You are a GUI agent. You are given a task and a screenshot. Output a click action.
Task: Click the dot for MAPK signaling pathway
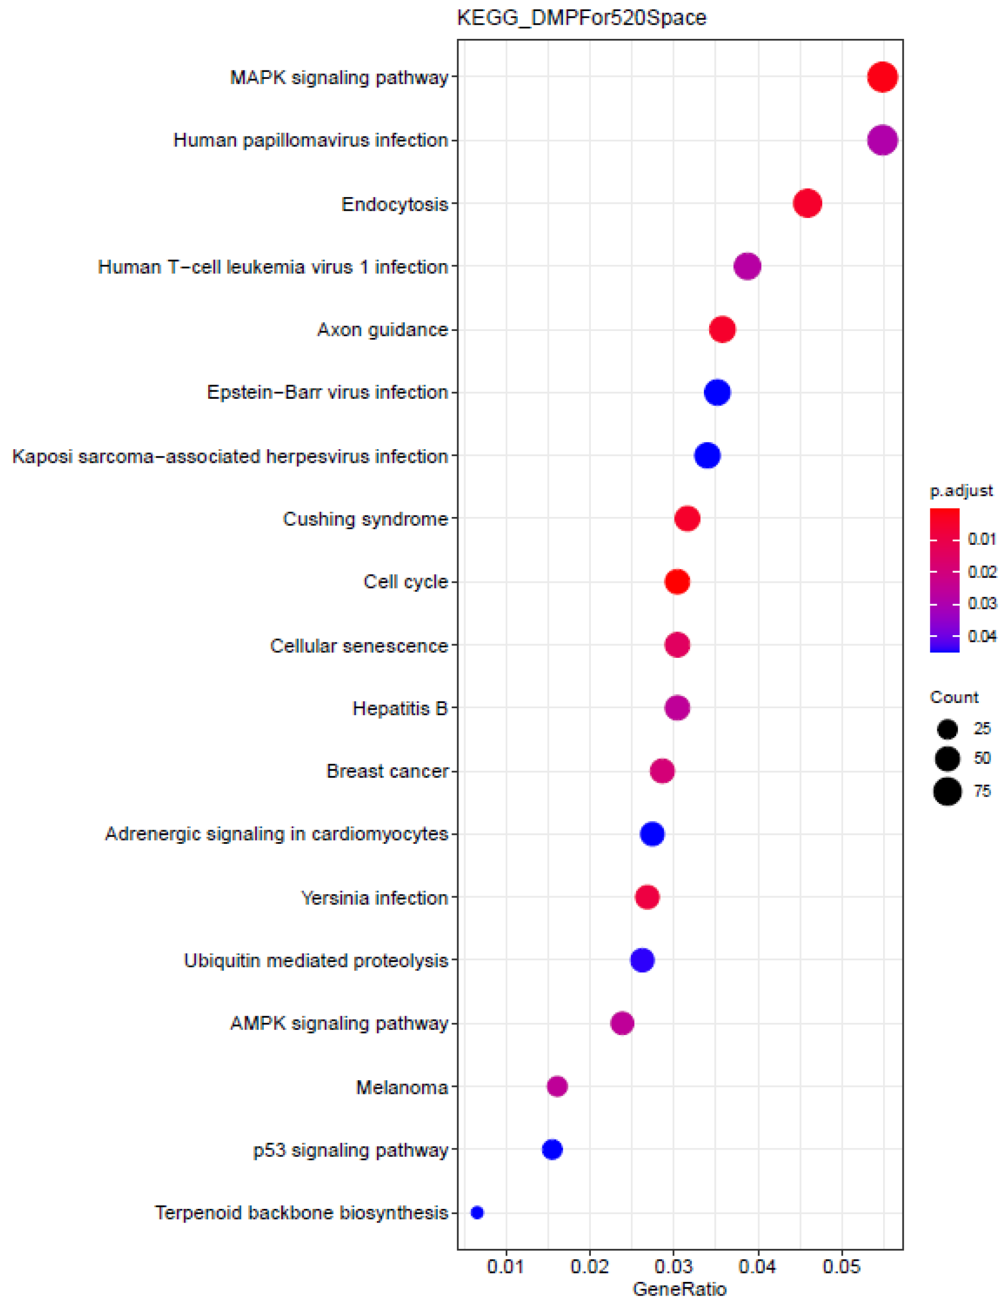click(882, 77)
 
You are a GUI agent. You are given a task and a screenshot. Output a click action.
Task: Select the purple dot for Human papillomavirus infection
click(882, 140)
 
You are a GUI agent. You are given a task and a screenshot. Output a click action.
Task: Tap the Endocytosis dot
click(807, 204)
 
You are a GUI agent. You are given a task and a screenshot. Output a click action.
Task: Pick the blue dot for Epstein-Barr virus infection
click(716, 392)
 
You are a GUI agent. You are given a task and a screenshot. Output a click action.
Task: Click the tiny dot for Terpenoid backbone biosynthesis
click(477, 1212)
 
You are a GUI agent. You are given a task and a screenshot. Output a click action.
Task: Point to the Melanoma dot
click(557, 1086)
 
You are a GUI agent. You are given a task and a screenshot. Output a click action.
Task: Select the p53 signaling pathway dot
click(552, 1149)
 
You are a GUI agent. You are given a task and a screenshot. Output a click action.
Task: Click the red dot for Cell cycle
click(677, 582)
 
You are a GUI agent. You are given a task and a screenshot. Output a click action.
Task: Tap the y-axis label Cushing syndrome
click(365, 519)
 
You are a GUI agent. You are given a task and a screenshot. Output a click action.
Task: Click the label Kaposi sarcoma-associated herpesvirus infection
click(230, 456)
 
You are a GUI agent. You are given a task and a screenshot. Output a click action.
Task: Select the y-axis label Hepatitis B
click(399, 708)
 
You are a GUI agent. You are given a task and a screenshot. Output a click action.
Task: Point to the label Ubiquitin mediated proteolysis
click(315, 960)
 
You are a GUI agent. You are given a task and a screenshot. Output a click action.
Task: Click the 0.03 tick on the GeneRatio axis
click(673, 1266)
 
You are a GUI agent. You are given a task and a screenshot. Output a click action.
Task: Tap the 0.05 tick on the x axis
click(841, 1266)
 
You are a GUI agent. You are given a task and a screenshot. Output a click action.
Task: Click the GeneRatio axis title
click(679, 1289)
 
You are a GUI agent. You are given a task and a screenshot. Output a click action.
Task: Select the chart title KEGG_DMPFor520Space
click(581, 18)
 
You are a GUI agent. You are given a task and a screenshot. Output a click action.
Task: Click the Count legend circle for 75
click(947, 792)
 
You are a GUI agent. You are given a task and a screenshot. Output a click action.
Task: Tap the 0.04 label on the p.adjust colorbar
click(982, 636)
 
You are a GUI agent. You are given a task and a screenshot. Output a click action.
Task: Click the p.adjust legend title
click(960, 490)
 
